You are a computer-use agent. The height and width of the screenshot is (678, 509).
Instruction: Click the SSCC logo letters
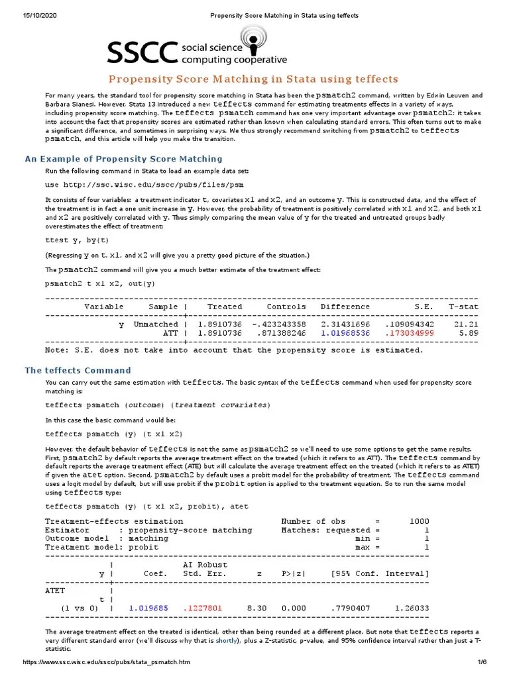tap(143, 51)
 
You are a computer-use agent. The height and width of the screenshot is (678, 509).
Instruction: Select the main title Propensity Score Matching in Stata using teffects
tap(253, 79)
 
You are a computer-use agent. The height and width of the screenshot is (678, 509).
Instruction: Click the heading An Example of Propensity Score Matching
tap(123, 159)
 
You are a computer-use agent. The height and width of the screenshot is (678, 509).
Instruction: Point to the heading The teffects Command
tap(78, 370)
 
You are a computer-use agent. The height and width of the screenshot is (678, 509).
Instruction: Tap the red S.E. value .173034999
tap(409, 334)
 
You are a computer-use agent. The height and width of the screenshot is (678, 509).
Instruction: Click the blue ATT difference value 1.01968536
tap(345, 334)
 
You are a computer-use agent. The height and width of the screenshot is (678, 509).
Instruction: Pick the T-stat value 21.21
tap(467, 324)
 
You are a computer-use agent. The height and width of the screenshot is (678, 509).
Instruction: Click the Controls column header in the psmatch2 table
tap(286, 307)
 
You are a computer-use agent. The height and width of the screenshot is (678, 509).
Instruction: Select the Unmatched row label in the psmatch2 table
tap(156, 324)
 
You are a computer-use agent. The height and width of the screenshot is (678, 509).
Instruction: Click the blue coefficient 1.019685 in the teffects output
tap(148, 607)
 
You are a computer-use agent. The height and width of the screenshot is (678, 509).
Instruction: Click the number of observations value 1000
tap(418, 521)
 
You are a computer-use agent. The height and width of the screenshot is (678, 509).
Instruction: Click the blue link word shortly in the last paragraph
tap(227, 642)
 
